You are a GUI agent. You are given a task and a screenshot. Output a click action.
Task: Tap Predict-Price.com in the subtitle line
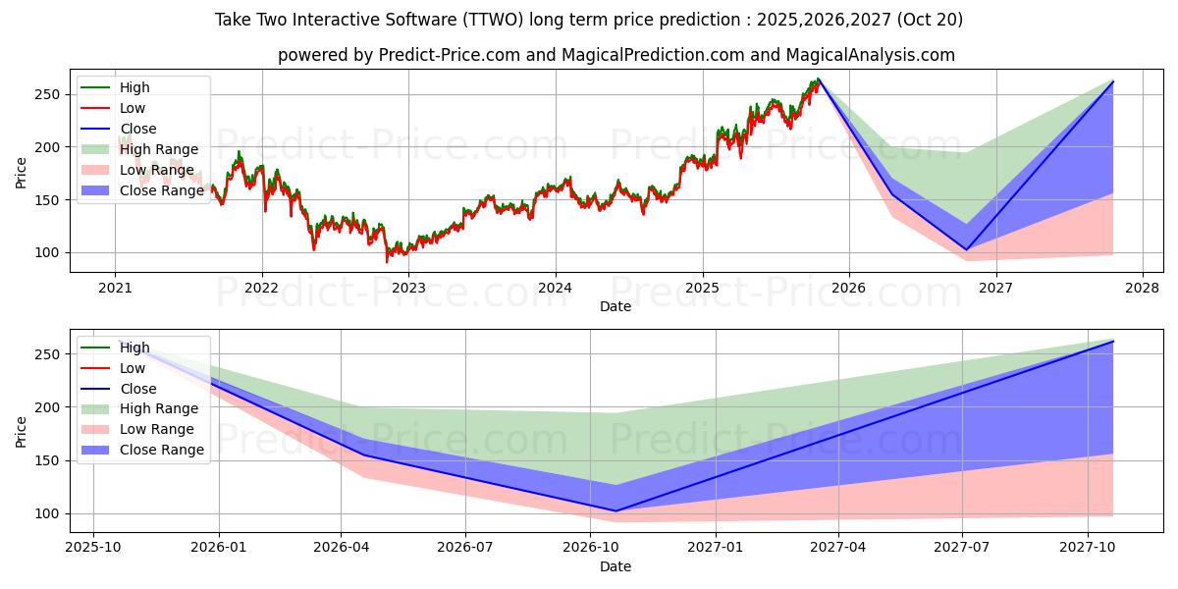point(451,55)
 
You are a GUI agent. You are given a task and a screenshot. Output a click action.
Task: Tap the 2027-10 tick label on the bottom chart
point(1087,548)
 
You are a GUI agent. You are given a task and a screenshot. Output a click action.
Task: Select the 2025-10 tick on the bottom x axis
point(93,548)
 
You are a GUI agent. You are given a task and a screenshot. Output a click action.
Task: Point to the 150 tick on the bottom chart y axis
point(50,460)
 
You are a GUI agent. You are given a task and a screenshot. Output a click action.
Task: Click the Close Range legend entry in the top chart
point(162,190)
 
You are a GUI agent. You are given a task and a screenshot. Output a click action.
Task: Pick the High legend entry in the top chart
point(134,87)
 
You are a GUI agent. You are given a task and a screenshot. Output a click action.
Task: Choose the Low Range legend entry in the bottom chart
point(157,429)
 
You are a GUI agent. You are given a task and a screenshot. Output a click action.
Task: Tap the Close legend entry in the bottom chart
point(137,389)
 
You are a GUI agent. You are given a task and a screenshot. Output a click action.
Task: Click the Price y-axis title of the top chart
point(22,173)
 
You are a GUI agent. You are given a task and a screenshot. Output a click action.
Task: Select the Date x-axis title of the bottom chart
point(616,566)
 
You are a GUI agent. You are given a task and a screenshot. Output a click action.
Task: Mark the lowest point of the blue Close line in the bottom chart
point(616,510)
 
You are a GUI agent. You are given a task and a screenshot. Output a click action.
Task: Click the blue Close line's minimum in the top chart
point(966,249)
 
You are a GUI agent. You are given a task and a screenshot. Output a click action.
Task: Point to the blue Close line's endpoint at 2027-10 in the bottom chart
point(1113,342)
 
